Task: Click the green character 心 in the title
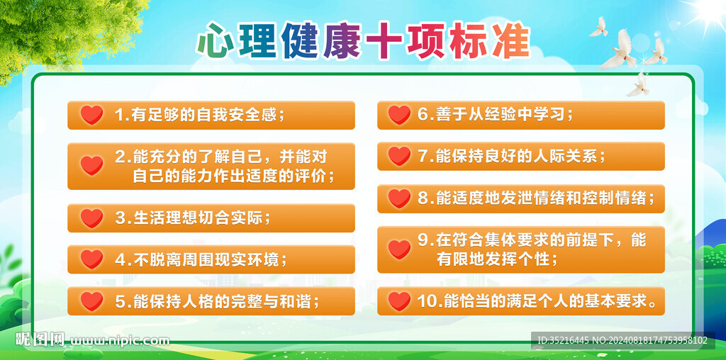pos(214,40)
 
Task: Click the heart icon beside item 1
pos(91,115)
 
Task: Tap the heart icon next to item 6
pos(399,115)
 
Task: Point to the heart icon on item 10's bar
pos(399,301)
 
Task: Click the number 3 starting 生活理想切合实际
pos(121,218)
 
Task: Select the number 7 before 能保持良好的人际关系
pos(423,157)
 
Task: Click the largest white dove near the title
pos(620,50)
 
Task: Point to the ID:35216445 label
pos(563,340)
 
